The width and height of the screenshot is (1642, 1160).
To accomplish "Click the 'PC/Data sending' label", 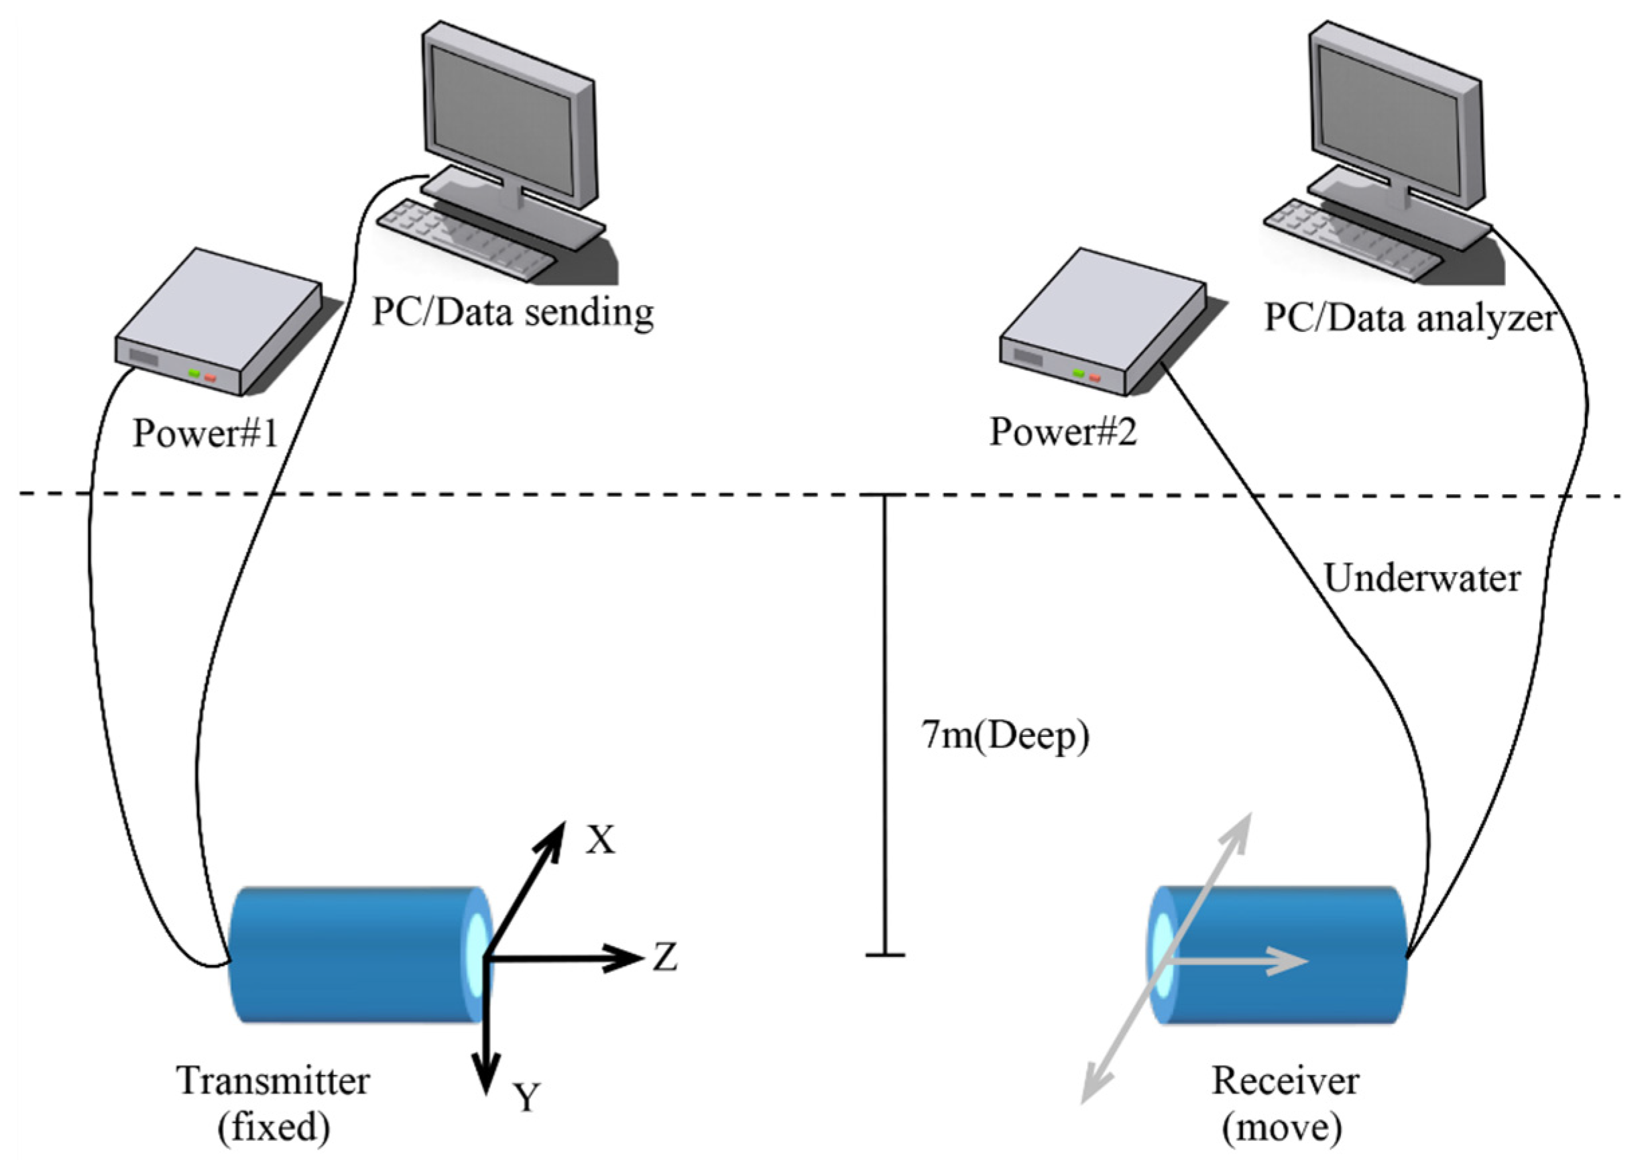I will point(513,313).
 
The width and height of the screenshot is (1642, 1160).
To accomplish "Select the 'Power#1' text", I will point(205,433).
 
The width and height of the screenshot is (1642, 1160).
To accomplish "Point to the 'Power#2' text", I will point(1063,432).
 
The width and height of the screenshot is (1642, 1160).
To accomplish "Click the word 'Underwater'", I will point(1421,578).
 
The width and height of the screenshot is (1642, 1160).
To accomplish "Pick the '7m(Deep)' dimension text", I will point(1005,735).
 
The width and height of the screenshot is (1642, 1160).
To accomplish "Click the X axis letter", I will point(600,840).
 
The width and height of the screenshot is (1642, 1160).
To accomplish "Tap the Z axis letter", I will point(665,957).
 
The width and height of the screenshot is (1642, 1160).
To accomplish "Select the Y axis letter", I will point(527,1096).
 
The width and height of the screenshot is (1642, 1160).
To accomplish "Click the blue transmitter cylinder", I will point(351,955).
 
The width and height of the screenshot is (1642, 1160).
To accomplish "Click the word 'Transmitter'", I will point(273,1081).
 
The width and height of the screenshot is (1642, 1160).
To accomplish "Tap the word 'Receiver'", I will point(1285,1081).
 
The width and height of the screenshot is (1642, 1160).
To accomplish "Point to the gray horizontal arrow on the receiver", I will point(1237,960).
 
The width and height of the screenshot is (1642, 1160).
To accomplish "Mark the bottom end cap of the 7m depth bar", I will point(885,955).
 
